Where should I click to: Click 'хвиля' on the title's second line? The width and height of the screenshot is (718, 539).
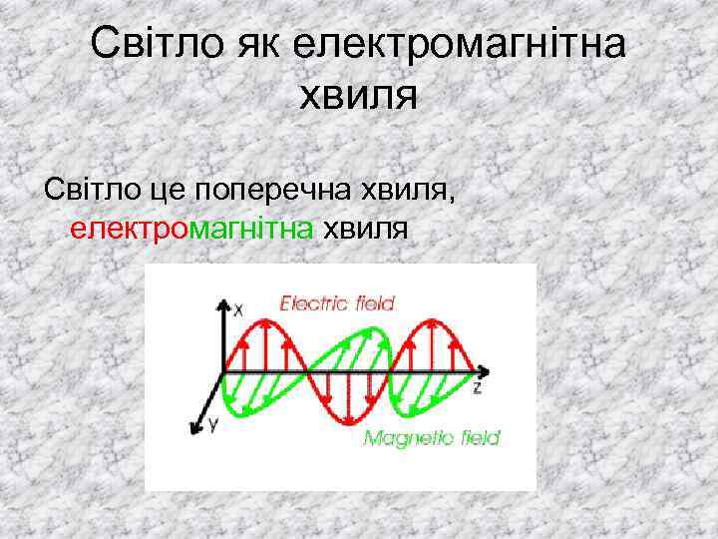pos(357,97)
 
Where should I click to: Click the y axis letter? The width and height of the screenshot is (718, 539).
pos(211,425)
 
